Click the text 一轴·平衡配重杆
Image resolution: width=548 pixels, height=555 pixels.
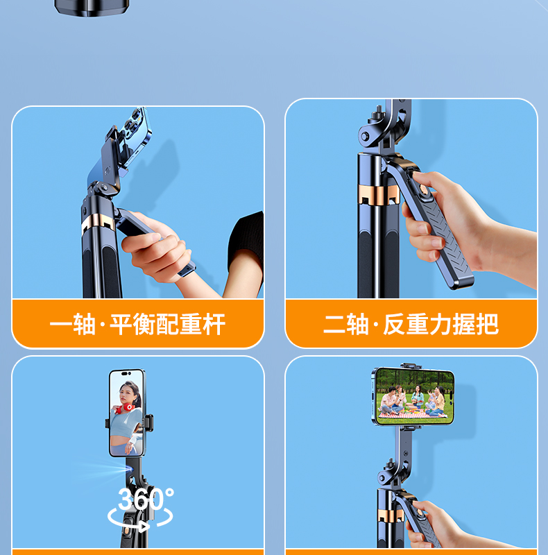point(137,324)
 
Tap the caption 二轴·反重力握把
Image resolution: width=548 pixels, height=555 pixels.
point(411,324)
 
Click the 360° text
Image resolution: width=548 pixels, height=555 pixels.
point(146,498)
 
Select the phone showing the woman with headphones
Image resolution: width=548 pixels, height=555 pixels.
point(127,413)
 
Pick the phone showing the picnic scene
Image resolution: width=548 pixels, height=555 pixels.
point(413,395)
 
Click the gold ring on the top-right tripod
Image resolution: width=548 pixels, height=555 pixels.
point(379,195)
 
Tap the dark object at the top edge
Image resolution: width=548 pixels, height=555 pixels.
point(92,7)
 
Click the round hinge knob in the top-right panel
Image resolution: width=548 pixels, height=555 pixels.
point(365,136)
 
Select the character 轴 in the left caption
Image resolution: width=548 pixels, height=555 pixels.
point(85,324)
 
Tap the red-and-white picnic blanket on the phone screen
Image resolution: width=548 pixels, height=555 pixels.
point(413,413)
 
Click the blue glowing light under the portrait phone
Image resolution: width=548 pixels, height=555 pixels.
point(128,469)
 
